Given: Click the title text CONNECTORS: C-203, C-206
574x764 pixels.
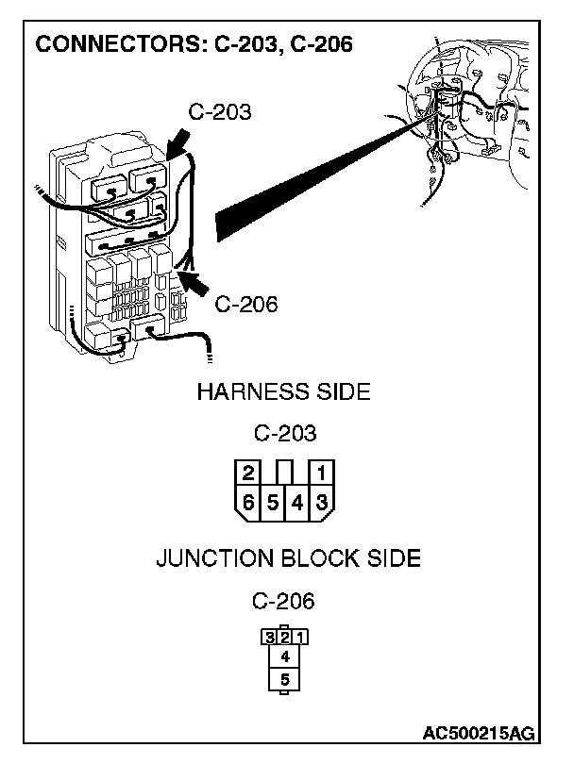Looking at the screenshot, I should click(x=194, y=44).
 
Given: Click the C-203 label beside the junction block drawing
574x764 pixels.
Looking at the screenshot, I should click(x=220, y=112).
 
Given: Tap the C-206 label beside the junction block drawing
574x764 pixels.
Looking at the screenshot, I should click(x=246, y=305).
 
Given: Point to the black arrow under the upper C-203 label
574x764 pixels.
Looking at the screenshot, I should click(x=177, y=144).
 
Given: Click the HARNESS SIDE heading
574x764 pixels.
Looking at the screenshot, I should click(x=283, y=392).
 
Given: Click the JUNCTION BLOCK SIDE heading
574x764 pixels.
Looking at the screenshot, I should click(x=288, y=558).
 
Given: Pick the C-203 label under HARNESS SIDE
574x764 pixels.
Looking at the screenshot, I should click(x=284, y=435).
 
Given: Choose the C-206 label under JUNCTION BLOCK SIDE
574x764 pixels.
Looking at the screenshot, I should click(x=283, y=601).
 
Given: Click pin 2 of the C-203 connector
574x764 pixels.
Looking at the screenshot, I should click(x=248, y=473).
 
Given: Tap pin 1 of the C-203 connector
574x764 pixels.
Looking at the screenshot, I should click(x=321, y=473).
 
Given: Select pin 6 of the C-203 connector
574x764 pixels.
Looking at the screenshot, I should click(x=248, y=502).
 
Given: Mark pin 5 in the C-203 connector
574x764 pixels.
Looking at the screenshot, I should click(x=273, y=502).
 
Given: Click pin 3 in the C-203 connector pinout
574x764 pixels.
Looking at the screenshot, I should click(x=321, y=502).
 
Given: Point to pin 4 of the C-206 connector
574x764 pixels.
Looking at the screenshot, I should click(x=284, y=654).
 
